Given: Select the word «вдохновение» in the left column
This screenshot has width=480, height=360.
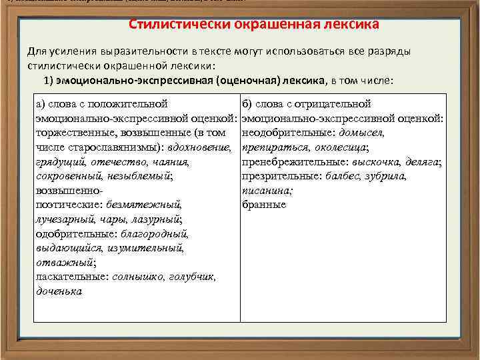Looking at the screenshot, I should (203, 147).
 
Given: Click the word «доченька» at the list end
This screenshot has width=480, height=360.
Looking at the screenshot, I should (58, 291).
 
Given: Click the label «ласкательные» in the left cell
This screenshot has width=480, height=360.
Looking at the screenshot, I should (72, 277).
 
